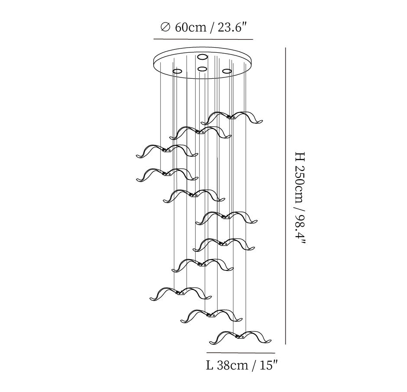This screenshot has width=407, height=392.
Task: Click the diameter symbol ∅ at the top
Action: (165, 27)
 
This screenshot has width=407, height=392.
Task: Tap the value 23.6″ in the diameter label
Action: (232, 27)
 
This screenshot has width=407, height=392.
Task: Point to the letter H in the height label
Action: (300, 157)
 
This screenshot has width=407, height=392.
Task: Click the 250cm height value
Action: (300, 184)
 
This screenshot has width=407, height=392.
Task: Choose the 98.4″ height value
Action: (300, 229)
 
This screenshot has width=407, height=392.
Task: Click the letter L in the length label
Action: (210, 366)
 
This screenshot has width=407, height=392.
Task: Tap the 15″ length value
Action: (268, 366)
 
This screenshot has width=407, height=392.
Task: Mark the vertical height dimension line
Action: (285, 196)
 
